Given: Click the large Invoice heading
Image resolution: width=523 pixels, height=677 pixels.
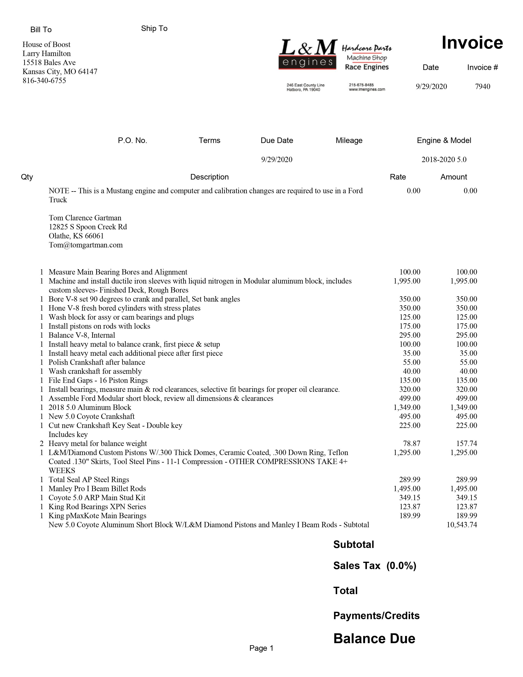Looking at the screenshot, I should (x=472, y=43).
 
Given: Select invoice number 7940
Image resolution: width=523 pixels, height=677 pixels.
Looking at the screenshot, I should (x=482, y=87).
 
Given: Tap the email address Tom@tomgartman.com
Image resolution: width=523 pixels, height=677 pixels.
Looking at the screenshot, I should (x=86, y=245).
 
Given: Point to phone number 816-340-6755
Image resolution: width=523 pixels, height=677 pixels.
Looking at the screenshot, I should (x=44, y=81).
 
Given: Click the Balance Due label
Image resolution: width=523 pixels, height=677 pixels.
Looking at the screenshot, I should (x=374, y=639).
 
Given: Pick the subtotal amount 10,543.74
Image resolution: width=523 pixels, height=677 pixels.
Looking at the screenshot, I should (x=462, y=525).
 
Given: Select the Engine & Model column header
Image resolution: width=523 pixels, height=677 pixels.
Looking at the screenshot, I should (x=444, y=140).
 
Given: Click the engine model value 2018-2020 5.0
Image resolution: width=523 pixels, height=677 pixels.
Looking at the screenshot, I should (x=444, y=160).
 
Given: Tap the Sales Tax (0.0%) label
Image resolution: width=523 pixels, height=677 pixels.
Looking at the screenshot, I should (x=375, y=566).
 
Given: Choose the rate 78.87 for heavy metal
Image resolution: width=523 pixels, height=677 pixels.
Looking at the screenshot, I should (x=411, y=444).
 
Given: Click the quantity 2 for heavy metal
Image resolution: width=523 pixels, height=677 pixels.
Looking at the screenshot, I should (x=41, y=444).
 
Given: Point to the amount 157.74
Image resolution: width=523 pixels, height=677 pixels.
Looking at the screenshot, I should (x=467, y=444).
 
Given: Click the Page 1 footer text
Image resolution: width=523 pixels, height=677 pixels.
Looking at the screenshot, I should (x=261, y=648).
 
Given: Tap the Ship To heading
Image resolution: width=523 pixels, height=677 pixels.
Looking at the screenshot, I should (x=154, y=29).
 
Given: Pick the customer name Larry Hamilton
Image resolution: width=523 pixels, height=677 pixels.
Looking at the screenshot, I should (x=47, y=54).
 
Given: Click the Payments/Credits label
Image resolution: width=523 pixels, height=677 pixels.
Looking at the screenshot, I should (x=376, y=616).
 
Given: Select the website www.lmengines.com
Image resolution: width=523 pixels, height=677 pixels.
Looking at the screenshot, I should (x=367, y=90).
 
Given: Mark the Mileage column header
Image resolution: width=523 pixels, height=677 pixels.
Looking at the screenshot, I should (x=349, y=140).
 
